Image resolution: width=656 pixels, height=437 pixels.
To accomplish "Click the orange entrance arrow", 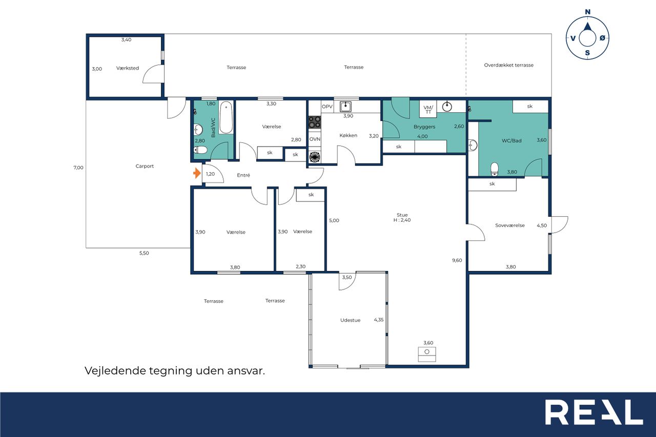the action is coord(197,173).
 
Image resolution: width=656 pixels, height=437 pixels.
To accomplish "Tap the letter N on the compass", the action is coord(587,12).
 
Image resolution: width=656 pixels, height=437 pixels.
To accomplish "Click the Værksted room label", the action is coord(128,68).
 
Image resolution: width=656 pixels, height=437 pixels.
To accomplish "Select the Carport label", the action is coord(145,167).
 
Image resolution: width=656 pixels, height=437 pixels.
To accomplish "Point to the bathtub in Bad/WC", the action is coord(226,118).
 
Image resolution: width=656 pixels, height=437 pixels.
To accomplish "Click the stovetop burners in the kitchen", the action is coord(315,122).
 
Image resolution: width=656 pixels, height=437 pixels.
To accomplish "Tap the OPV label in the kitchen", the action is coord(327,107).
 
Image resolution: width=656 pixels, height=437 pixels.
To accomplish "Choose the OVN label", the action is coord(315,139).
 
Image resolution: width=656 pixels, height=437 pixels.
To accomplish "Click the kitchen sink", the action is coord(345,107).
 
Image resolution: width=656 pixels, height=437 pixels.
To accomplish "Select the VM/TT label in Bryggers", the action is coord(428,110).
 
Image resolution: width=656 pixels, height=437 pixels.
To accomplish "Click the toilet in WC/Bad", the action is coord(495,169).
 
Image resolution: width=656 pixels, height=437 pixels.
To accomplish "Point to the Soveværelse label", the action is coord(510,225).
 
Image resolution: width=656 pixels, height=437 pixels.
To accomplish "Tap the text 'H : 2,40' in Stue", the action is coord(402,220).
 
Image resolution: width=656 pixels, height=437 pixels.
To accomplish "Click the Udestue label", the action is coord(350,320).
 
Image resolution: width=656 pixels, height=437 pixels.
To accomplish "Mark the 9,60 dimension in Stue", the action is coord(457,260).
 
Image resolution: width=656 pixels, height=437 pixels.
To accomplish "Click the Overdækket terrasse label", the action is coord(509,65).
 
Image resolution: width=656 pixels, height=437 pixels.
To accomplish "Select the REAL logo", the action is coord(594,412).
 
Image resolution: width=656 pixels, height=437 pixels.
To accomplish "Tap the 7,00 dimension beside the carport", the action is coord(78,168).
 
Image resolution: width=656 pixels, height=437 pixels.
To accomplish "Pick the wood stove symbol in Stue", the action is coord(427,354).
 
